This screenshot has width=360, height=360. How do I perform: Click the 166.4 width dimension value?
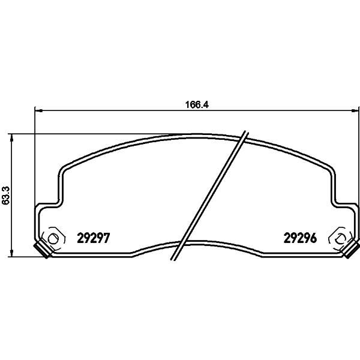pos(197,104)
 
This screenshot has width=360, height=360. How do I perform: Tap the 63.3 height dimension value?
pos(5,195)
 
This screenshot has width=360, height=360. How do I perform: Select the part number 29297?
pos(94,238)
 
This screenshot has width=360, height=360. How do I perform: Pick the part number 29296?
pos(301,238)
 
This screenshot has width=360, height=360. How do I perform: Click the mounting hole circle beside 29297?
pos(53,239)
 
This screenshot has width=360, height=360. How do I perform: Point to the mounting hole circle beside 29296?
pos(340,239)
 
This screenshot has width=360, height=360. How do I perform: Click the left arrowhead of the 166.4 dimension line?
pos(38,110)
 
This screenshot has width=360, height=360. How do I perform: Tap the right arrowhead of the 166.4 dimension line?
pos(355,110)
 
